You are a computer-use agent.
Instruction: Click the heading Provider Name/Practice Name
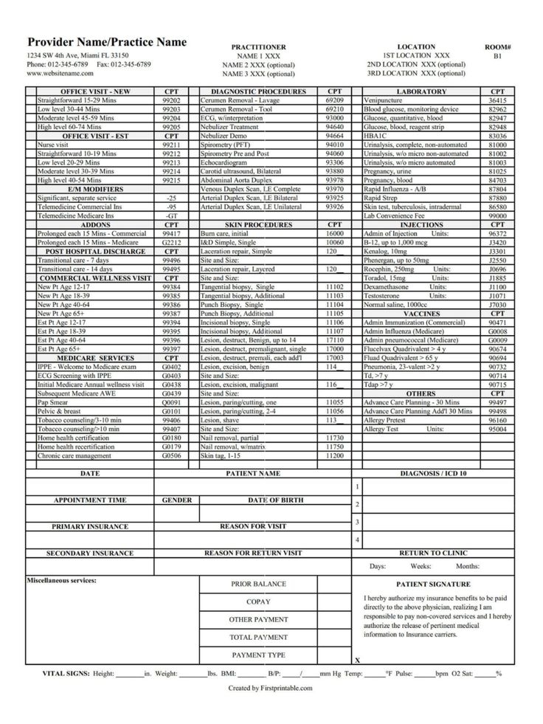pos(107,42)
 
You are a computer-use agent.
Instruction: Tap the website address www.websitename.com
pos(60,74)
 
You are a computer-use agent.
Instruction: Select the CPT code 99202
pos(172,100)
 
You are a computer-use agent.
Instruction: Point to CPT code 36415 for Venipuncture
pos(497,100)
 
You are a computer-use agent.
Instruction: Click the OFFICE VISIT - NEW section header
pos(96,92)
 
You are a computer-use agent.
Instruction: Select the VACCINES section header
pos(422,314)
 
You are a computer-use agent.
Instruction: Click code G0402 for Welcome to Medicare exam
pos(172,367)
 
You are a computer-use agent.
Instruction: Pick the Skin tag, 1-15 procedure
pos(221,455)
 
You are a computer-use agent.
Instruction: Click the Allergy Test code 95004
pos(497,429)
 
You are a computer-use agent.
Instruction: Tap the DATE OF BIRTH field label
pos(274,500)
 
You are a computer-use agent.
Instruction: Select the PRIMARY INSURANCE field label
pos(89,527)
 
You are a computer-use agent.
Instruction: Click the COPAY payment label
pos(258,601)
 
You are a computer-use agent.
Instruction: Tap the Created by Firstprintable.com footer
pos(270,688)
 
